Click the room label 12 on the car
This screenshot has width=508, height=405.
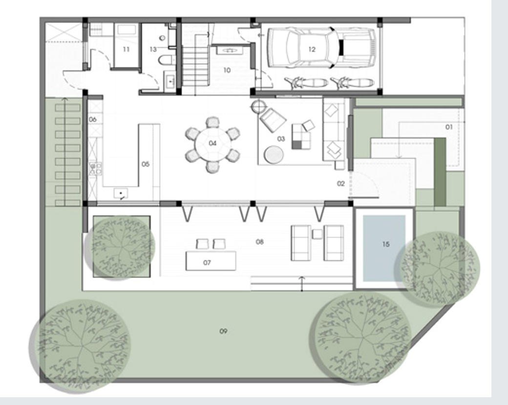(x=312, y=49)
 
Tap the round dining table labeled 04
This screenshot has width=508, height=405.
(x=212, y=143)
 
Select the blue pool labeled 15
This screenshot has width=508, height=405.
(x=384, y=248)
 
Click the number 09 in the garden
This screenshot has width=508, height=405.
(x=223, y=331)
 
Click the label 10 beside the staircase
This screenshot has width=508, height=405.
(x=227, y=70)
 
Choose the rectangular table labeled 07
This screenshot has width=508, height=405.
(x=211, y=261)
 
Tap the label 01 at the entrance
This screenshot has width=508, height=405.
(x=449, y=127)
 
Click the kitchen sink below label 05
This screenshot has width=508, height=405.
(x=121, y=194)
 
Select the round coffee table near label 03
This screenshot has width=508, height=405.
(x=274, y=154)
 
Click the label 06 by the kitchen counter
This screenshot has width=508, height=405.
(x=93, y=120)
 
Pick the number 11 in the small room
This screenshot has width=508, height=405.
(x=126, y=49)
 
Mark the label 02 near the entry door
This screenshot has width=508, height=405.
(x=341, y=183)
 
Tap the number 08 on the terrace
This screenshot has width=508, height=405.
(x=259, y=242)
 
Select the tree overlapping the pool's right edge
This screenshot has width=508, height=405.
(x=437, y=269)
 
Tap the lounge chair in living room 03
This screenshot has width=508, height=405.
(x=273, y=120)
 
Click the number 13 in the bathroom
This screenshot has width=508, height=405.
(x=153, y=49)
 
